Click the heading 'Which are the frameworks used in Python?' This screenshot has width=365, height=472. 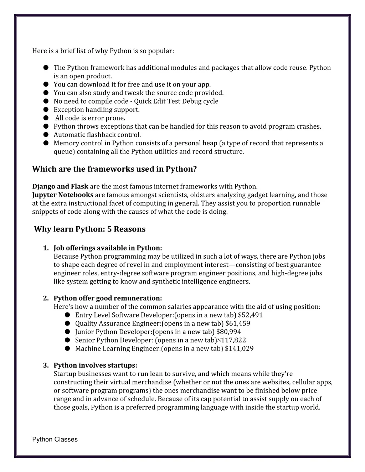114,169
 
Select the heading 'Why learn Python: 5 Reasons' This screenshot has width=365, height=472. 90,229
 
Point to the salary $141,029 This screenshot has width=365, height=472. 239,348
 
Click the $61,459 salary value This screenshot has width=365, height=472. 238,323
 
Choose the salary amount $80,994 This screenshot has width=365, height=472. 228,332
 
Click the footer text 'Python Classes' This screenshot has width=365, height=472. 55,440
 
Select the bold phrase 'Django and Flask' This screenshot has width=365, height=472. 60,186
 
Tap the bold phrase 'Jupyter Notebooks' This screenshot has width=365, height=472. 63,195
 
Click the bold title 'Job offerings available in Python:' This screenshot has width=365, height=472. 108,248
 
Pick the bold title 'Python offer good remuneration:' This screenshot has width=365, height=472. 108,298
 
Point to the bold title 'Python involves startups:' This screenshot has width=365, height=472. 95,365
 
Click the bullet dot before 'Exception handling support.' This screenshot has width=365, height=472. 46,109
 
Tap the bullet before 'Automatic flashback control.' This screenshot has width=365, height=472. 46,135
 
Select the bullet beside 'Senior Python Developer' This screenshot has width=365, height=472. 67,340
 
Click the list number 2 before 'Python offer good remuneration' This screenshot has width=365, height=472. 46,298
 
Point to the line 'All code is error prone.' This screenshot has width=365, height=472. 90,118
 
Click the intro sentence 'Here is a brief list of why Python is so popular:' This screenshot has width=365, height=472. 103,51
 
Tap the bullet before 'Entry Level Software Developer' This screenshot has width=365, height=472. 67,315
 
